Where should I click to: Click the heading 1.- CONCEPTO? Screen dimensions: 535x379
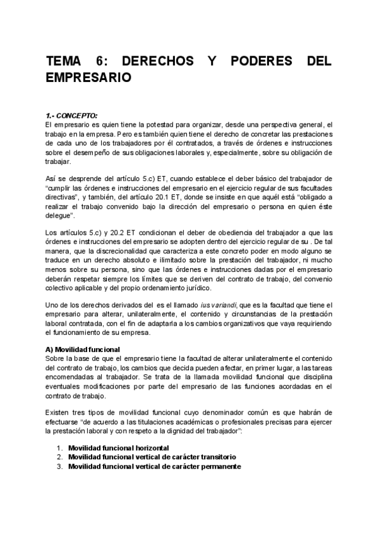point(71,115)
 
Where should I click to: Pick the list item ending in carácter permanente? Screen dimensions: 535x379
point(155,466)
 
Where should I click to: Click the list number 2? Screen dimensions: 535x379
point(59,457)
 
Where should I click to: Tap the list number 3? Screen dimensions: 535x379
point(59,466)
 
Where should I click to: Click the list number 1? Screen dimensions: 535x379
point(59,448)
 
